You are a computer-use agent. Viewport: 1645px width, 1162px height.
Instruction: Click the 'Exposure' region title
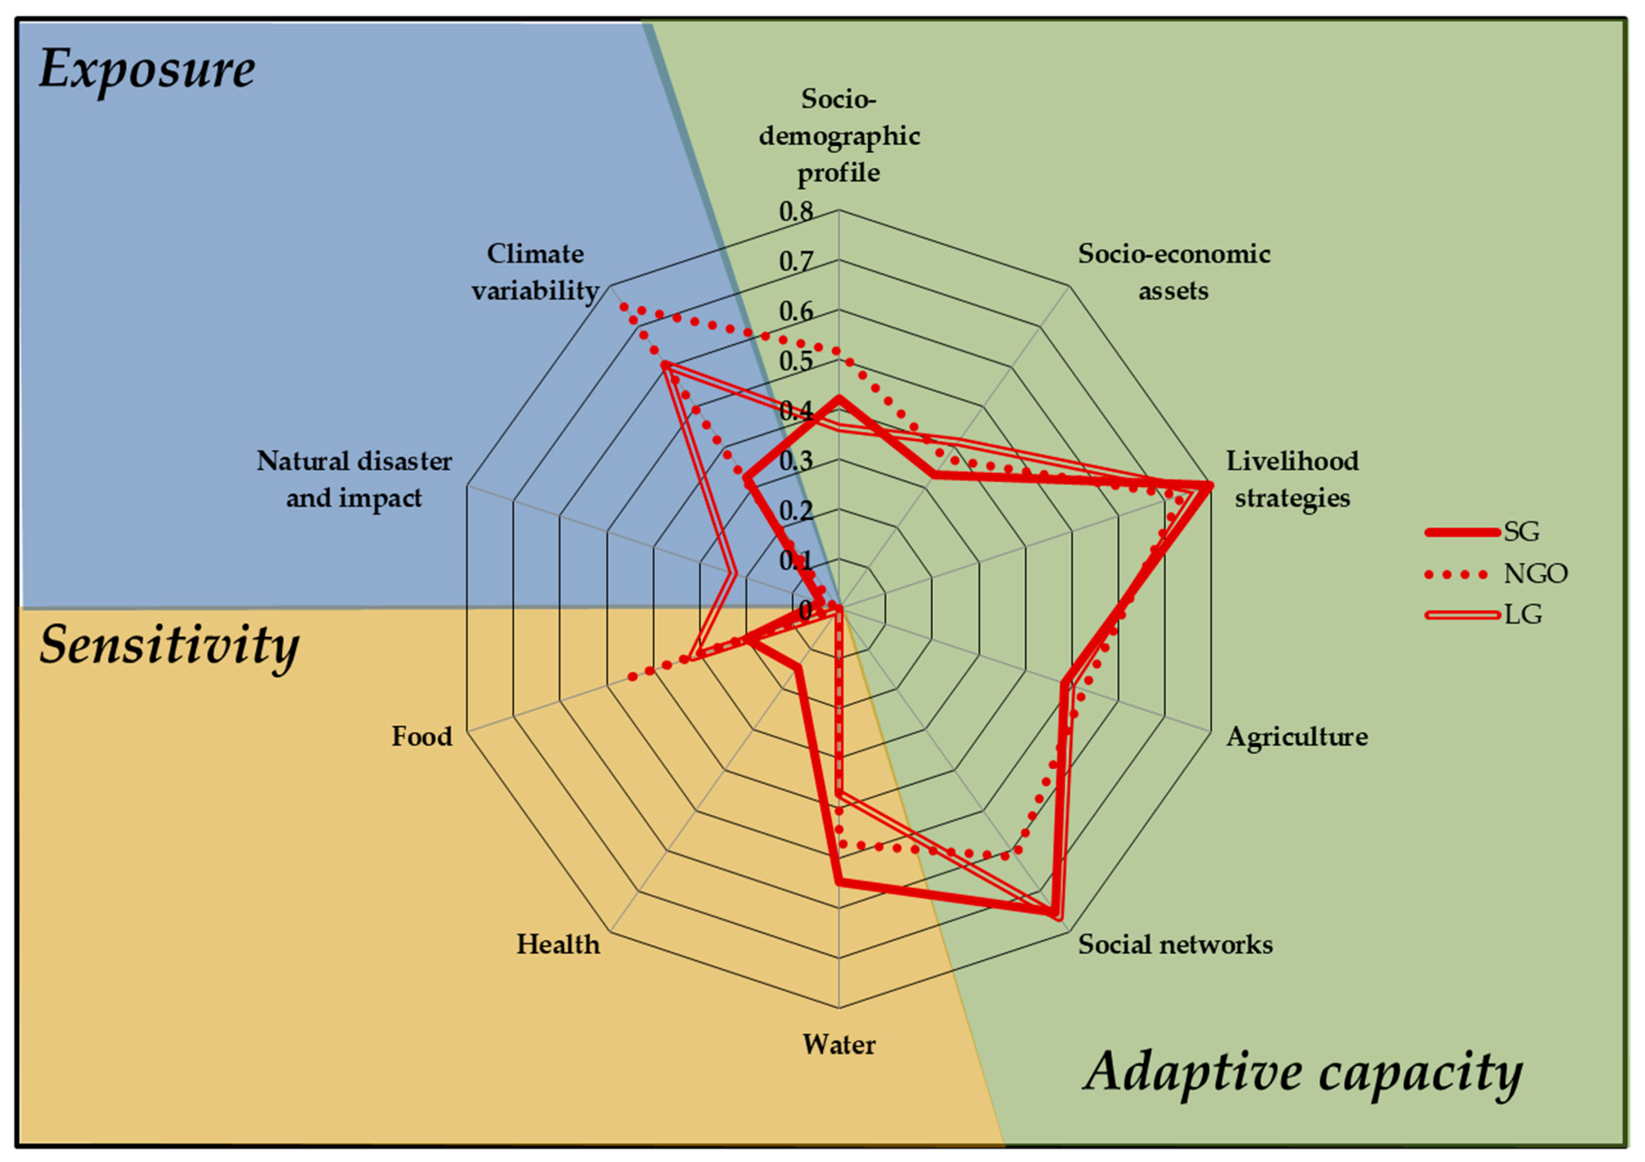coord(147,70)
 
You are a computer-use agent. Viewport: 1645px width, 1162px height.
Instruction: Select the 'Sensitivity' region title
coord(169,645)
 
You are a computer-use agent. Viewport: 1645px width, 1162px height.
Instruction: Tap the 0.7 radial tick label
coord(796,262)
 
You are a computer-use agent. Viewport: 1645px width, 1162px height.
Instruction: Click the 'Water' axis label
coord(838,1044)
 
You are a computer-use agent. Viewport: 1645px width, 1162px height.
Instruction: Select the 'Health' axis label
coord(558,944)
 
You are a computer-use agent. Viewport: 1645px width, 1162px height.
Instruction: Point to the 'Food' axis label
coord(421,736)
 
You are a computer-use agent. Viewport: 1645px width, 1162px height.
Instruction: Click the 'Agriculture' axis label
coord(1297,736)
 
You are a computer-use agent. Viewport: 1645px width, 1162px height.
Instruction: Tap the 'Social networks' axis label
coord(1176,944)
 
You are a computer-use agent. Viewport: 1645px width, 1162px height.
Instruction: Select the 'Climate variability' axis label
coord(535,272)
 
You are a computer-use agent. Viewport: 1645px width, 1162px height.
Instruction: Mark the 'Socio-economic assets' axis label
coord(1174,272)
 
